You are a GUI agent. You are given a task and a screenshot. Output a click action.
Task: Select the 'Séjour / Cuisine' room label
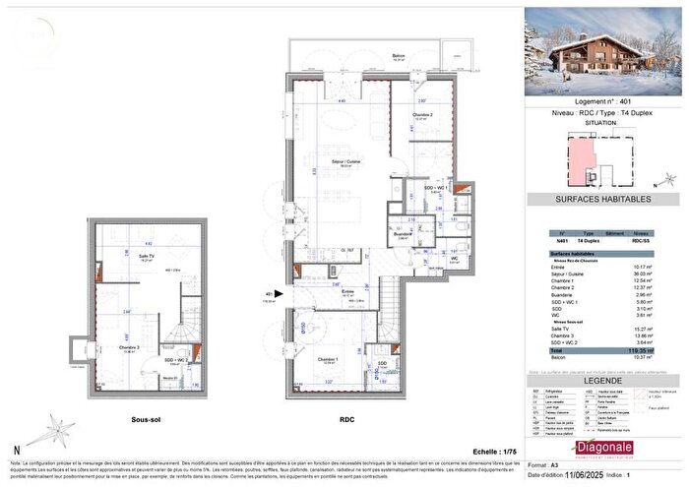[344, 166]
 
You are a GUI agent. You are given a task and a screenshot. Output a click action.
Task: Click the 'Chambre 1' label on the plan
[328, 360]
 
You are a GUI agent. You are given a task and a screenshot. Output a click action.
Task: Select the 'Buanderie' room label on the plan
[403, 234]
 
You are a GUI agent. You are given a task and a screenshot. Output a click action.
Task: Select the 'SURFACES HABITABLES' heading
[603, 199]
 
